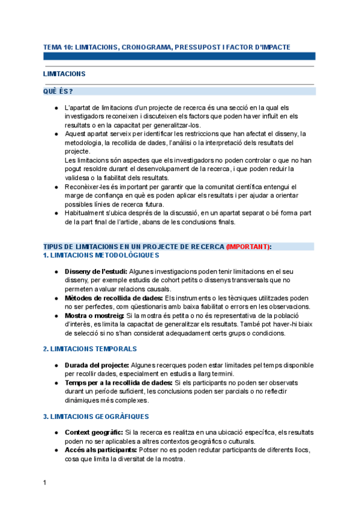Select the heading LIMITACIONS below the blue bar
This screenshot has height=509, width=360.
64,74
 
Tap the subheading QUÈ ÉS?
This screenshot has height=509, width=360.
58,91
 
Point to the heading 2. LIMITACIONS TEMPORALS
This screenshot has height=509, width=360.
90,349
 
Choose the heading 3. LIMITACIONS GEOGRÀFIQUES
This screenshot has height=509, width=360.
96,417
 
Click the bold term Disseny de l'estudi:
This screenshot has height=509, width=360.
96,272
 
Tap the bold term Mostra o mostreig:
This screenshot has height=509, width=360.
94,315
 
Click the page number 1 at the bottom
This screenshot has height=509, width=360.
45,482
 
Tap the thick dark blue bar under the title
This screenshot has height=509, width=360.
179,56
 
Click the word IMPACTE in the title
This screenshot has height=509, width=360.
275,46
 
